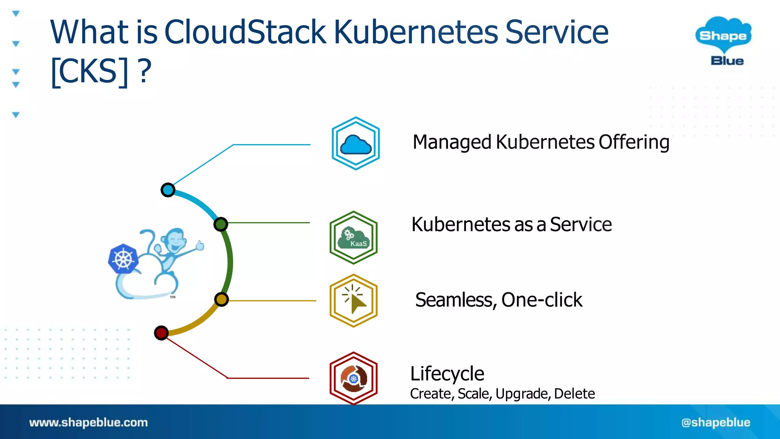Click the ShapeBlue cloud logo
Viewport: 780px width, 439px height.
point(723,40)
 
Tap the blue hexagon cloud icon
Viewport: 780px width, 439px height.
point(356,144)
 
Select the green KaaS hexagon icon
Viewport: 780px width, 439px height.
point(353,238)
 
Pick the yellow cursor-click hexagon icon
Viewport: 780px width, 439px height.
point(353,301)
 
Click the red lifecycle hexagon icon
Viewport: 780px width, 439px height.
point(353,378)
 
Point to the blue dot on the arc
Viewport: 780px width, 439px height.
point(168,190)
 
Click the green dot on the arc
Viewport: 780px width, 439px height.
point(221,224)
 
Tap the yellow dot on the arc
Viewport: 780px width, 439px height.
point(221,300)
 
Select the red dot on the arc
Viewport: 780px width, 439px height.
point(161,333)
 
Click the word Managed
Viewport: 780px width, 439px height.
point(452,143)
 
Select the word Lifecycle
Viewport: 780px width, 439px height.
point(447,374)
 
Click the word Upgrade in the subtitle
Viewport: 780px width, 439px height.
point(523,394)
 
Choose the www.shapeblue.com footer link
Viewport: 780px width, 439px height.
point(88,422)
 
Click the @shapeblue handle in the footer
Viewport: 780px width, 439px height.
point(716,422)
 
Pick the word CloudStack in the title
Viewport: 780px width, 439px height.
point(245,32)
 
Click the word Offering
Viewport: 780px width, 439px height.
point(634,143)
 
